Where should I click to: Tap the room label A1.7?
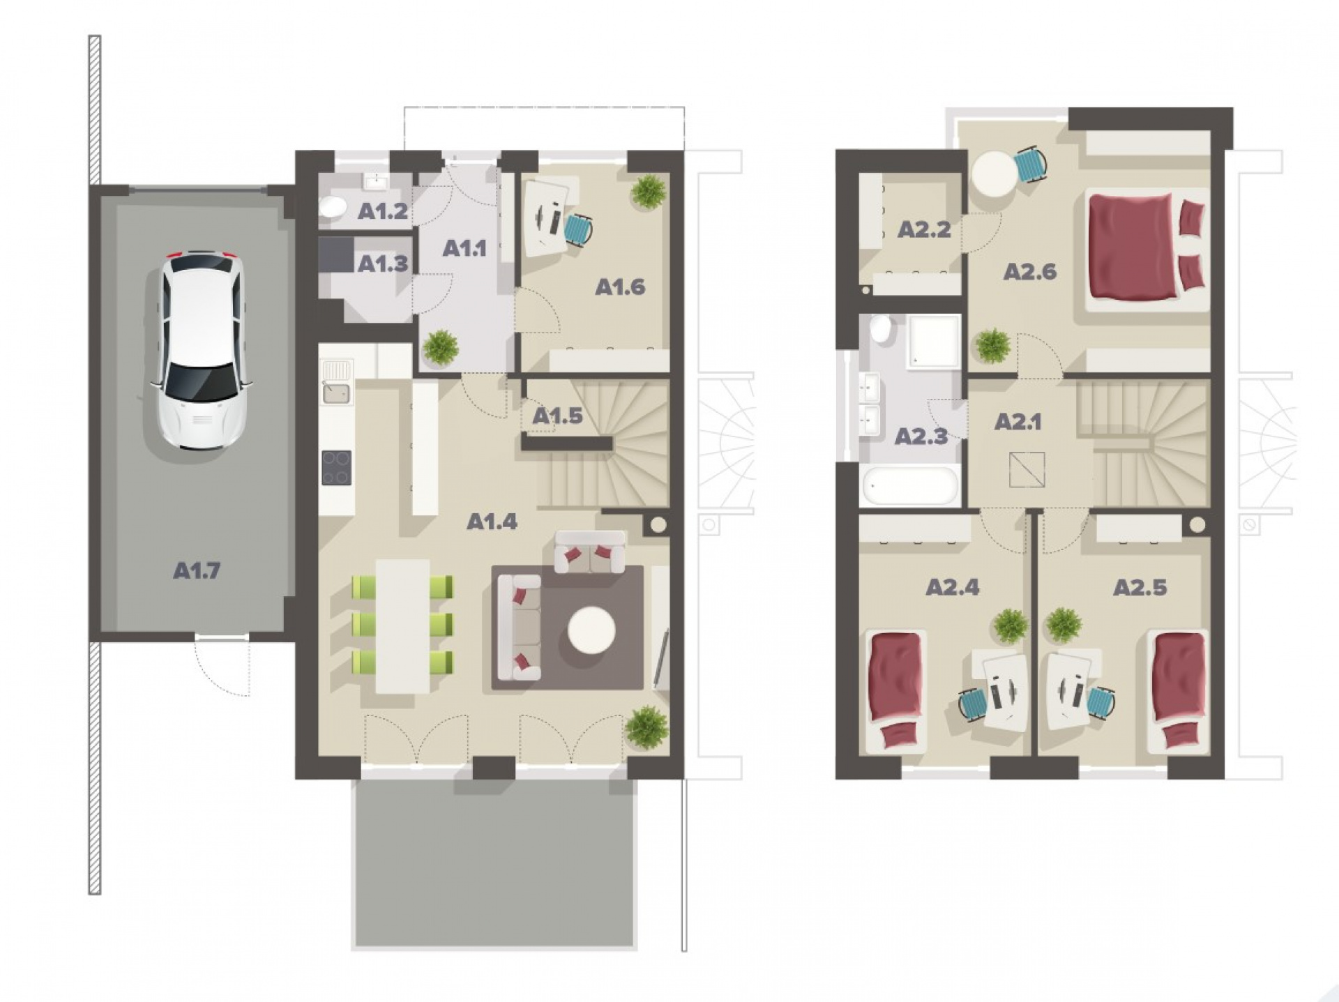click(x=196, y=571)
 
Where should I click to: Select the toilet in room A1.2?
click(x=333, y=207)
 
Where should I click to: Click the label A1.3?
click(x=383, y=264)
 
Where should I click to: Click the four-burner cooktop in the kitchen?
click(x=336, y=468)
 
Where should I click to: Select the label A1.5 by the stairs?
click(x=557, y=416)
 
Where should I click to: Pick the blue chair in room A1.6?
click(x=578, y=229)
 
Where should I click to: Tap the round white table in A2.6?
click(x=994, y=175)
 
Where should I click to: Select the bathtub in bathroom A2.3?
click(x=910, y=485)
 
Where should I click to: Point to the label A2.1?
click(x=1018, y=422)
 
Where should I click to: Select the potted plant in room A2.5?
click(x=1064, y=625)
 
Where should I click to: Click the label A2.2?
click(x=924, y=230)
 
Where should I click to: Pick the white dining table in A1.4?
click(x=402, y=626)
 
